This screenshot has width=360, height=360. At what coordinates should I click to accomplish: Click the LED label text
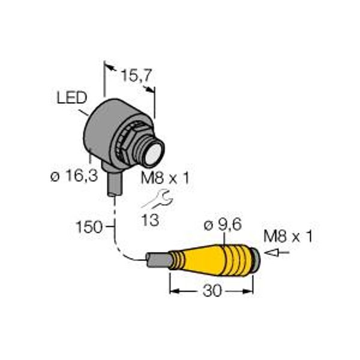coord(71,98)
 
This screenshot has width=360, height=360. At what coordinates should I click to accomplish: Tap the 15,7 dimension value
coord(136,76)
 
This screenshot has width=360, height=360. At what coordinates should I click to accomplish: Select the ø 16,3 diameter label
coord(74,176)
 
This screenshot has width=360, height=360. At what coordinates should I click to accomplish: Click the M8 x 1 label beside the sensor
coord(165,178)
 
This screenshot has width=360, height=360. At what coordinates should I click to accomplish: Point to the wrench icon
coord(158,199)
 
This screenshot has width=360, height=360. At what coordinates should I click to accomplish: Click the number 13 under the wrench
coord(150,220)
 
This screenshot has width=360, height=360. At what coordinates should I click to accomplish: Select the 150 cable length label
coord(89,227)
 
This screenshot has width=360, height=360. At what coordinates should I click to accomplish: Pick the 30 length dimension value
coord(212,290)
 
